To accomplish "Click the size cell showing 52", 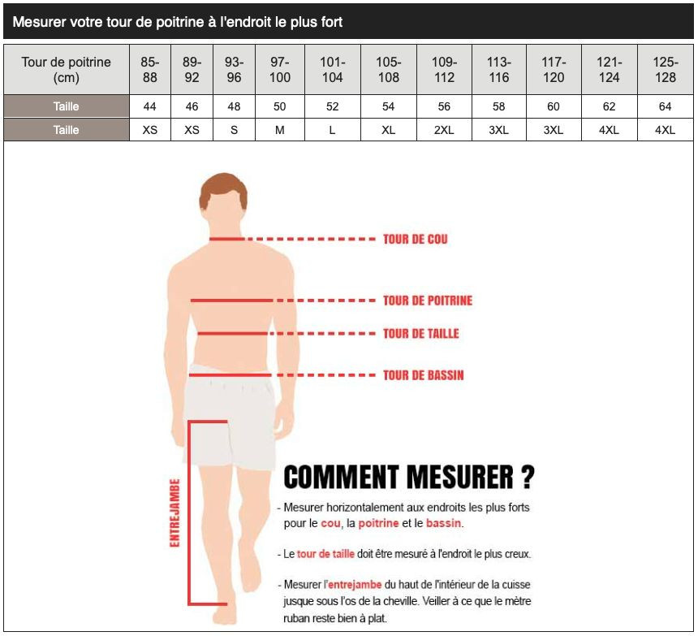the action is pos(332,106).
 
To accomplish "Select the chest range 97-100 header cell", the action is pos(279,70).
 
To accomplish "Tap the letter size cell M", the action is pos(279,130).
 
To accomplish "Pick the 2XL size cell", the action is pos(444,130).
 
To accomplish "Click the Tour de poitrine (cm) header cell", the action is pos(67,70).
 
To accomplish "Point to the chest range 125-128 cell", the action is pos(665,70).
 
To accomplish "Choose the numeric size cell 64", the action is pos(665,106).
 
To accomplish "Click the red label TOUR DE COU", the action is pos(415,239).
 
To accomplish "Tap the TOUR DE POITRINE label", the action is pos(428,301).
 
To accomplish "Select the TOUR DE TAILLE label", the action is pos(420,334).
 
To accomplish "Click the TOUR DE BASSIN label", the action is pos(424,375).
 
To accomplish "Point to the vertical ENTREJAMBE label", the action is pos(175,513).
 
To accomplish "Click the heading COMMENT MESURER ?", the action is pos(408,477).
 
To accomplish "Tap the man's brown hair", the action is pos(223,188).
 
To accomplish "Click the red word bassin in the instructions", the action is pos(443,523).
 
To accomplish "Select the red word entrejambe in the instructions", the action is pos(355,585).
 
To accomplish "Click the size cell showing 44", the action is pos(149,106).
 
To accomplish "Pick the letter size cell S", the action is pos(234,130).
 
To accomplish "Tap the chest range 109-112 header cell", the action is pos(444,70).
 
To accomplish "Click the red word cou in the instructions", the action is pos(330,524).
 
